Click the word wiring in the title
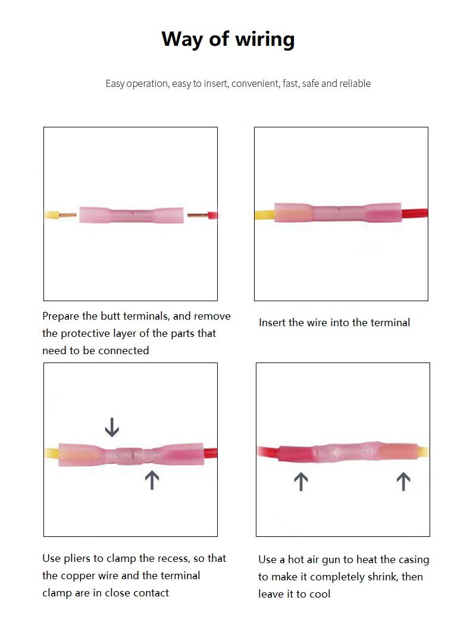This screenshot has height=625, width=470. tap(265, 39)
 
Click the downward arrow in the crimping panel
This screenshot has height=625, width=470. tap(112, 427)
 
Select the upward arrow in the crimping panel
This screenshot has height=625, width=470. tap(152, 480)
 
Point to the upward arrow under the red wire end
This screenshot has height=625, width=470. tap(300, 482)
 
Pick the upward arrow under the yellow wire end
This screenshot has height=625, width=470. tap(403, 482)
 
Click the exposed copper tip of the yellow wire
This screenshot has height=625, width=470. tap(68, 215)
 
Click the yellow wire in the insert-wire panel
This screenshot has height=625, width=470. tap(265, 215)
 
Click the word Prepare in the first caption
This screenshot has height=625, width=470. tap(61, 317)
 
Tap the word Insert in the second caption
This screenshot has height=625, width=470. tap(272, 323)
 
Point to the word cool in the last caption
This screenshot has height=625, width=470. tap(320, 594)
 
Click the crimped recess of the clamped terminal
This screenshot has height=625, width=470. tap(131, 454)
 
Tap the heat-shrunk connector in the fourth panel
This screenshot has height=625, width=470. tap(347, 453)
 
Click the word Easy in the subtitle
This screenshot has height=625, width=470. tap(115, 84)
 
